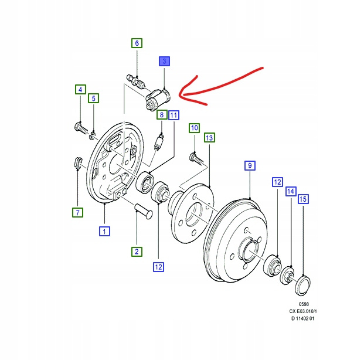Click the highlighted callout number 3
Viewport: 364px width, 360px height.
click(x=164, y=62)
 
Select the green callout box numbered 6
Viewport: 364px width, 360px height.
click(x=136, y=43)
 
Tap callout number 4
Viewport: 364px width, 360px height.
click(x=79, y=90)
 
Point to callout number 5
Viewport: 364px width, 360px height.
click(x=93, y=99)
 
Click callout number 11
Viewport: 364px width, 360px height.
click(x=174, y=115)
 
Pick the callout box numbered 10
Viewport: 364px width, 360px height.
click(x=194, y=128)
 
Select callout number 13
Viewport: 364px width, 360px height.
click(x=209, y=137)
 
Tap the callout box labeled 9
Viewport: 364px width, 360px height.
click(x=249, y=167)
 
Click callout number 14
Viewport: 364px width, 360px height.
click(x=290, y=191)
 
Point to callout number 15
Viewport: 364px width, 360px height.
click(x=302, y=200)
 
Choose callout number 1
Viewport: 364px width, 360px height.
click(x=104, y=232)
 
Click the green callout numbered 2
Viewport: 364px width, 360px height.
click(x=136, y=252)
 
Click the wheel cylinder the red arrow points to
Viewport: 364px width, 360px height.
click(x=157, y=97)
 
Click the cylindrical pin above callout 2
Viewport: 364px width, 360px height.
click(x=143, y=210)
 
